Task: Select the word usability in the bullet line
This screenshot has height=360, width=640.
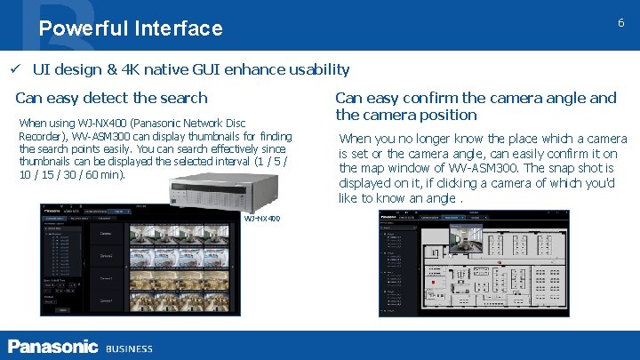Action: [316, 69]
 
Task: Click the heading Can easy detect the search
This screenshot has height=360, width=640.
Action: [111, 98]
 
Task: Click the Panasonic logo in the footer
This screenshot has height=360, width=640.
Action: [52, 347]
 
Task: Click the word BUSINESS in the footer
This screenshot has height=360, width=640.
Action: [129, 348]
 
